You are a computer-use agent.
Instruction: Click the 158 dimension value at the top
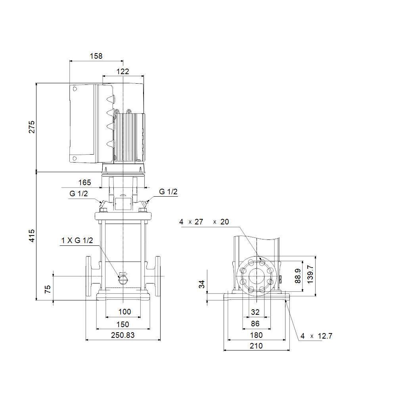96,56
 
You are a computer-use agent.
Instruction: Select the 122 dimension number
123,71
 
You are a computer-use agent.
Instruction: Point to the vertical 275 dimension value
32,127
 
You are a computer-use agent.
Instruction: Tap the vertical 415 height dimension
32,236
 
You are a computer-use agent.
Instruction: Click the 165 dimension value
85,182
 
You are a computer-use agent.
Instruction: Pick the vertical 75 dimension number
48,289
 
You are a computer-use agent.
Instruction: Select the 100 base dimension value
125,312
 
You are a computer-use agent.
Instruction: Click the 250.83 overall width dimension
123,335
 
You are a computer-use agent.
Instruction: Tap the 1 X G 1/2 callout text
77,241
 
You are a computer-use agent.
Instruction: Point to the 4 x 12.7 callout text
316,336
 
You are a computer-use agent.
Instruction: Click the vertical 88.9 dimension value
298,276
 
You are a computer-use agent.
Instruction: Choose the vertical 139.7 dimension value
310,274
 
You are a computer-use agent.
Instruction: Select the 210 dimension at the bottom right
257,346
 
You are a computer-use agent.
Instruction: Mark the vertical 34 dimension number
202,284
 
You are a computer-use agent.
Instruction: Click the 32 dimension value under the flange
255,312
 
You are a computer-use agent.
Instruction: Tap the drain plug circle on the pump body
123,280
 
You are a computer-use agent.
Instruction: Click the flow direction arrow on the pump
123,274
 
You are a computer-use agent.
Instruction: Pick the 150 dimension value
123,324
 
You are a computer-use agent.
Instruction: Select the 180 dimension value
257,335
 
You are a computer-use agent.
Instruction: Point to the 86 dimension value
255,324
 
